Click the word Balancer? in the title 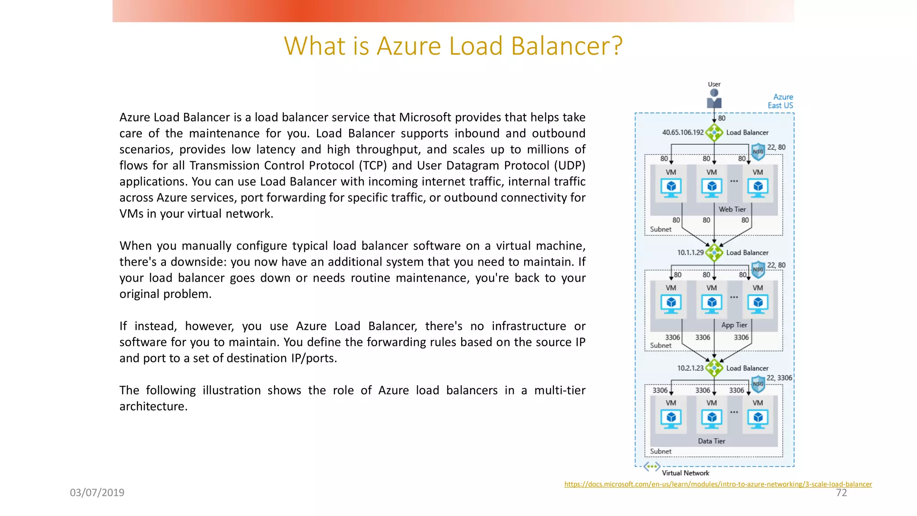point(566,46)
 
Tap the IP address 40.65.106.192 point(683,133)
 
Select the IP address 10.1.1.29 point(690,253)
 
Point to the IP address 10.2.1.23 point(690,368)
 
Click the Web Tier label point(732,209)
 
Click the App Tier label point(734,325)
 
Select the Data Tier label point(711,441)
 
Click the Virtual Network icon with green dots point(652,467)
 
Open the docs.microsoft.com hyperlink point(718,484)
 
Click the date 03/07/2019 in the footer point(97,493)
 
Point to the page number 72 point(841,493)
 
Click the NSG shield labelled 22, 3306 point(758,384)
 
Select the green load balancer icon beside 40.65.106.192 point(714,133)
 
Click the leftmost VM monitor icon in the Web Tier point(671,188)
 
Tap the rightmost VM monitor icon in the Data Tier point(758,419)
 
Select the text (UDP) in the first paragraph point(570,166)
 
